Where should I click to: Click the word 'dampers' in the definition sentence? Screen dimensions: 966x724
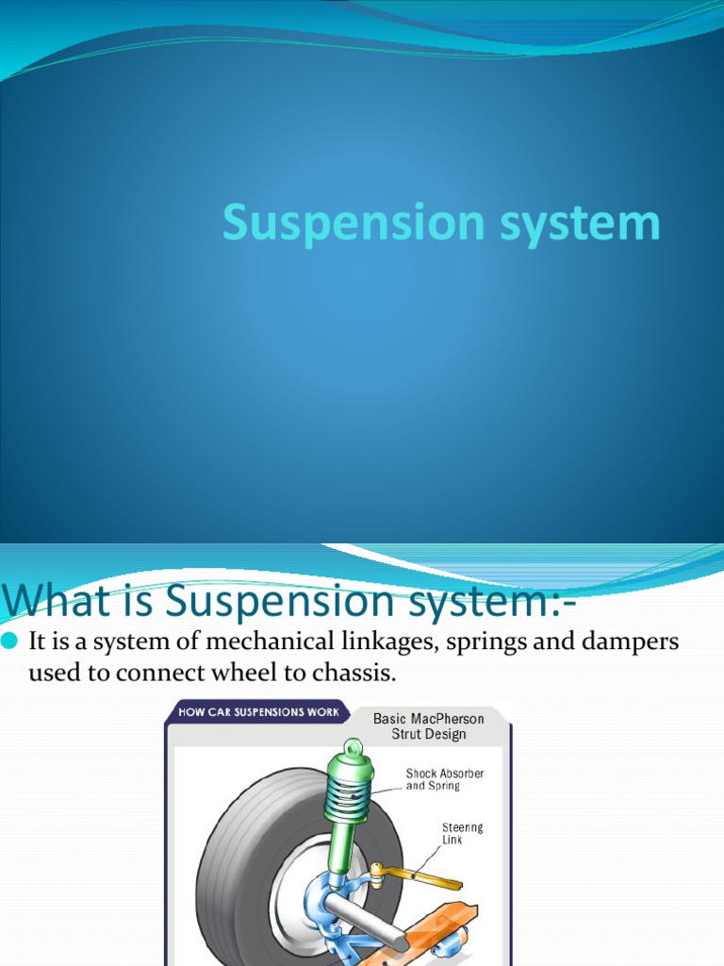tap(627, 642)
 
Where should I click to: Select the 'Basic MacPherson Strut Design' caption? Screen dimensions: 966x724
tap(429, 725)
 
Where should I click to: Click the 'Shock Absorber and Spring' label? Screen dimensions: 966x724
tap(444, 779)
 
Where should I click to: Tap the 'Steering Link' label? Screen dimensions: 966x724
tap(462, 833)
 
